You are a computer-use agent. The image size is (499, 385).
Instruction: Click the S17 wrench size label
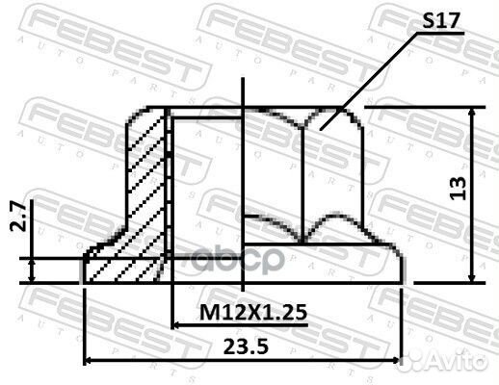(440, 21)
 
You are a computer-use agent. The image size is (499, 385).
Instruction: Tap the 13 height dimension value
(459, 189)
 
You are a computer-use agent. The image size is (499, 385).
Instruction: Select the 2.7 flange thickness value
(18, 216)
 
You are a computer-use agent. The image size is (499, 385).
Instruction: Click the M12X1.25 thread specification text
(253, 313)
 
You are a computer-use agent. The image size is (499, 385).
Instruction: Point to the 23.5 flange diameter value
(246, 346)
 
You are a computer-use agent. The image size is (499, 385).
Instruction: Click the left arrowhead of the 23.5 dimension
(88, 360)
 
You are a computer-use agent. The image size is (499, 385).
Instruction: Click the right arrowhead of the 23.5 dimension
(397, 360)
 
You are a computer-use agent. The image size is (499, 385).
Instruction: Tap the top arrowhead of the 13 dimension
(472, 112)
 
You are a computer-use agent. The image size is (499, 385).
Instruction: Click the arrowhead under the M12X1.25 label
(176, 325)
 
